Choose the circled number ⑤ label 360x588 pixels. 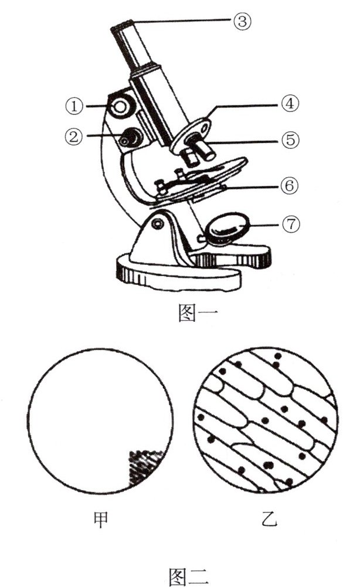tap(289, 140)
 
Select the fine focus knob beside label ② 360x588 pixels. tap(128, 138)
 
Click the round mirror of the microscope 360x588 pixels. tap(229, 228)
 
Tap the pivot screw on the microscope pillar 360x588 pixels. tap(157, 222)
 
